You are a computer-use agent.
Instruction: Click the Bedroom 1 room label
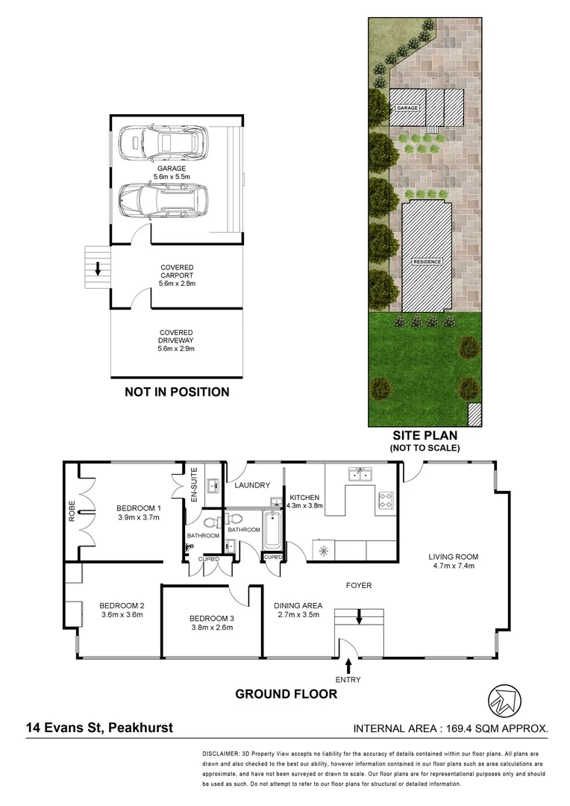pyautogui.click(x=138, y=508)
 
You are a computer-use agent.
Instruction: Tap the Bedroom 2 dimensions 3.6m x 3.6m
pyautogui.click(x=122, y=615)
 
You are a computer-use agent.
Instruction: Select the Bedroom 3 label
pyautogui.click(x=212, y=618)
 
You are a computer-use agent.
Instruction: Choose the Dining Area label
pyautogui.click(x=298, y=605)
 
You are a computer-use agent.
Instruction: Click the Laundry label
pyautogui.click(x=252, y=485)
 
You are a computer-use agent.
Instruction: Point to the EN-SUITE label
pyautogui.click(x=193, y=484)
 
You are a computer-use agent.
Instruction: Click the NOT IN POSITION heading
pyautogui.click(x=176, y=392)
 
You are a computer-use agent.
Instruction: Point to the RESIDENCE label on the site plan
pyautogui.click(x=427, y=262)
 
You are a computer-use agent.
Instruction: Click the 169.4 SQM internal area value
pyautogui.click(x=488, y=728)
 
